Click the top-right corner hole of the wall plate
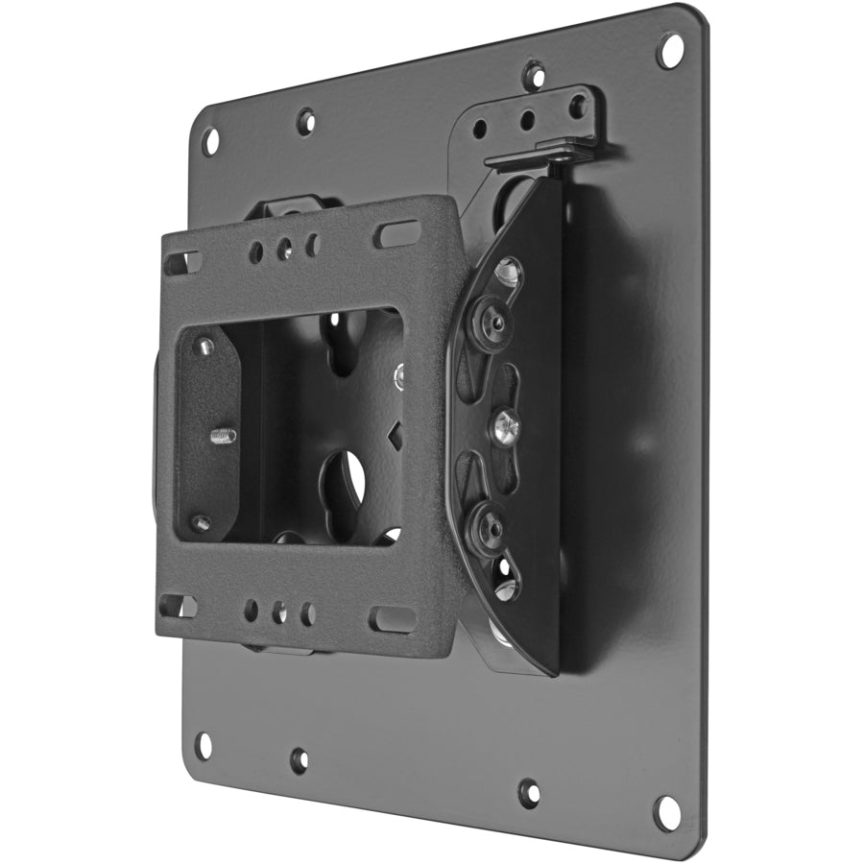[669, 49]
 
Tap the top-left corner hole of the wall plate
[209, 141]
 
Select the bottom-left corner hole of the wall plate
[203, 744]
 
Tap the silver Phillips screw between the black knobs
[503, 426]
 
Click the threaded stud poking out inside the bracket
[222, 436]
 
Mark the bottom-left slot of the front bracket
[177, 606]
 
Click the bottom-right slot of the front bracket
[392, 619]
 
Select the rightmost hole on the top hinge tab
[577, 107]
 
